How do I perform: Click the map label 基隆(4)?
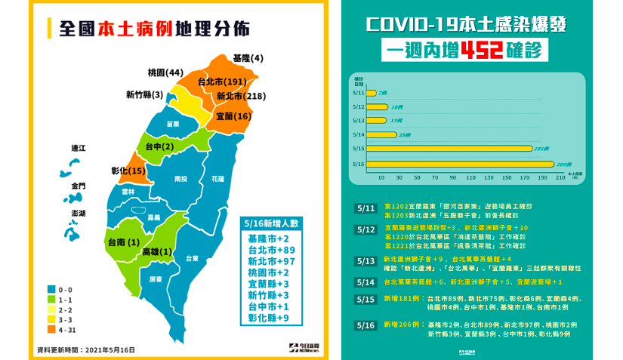coord(248,58)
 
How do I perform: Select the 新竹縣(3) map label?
coord(144,95)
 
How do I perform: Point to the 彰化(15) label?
coord(128,171)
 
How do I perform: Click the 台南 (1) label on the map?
coord(125,242)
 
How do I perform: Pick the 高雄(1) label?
coord(159,251)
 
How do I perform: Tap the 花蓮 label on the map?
coord(218,180)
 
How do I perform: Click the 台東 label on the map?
coord(193,258)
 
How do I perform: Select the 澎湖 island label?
coord(78,213)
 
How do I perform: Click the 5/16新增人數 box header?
coord(269,223)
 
